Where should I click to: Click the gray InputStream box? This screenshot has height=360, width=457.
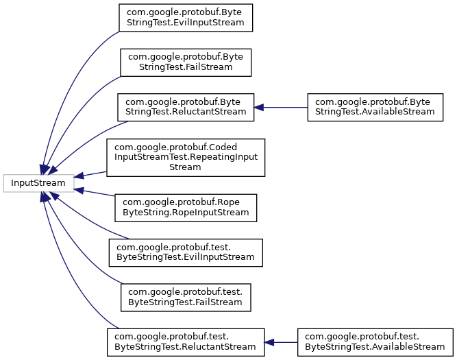38,183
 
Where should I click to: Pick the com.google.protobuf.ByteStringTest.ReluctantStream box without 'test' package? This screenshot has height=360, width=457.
186,108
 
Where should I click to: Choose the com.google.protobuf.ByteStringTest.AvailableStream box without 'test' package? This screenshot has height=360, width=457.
373,108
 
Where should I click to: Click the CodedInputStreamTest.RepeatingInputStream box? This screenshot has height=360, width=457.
185,156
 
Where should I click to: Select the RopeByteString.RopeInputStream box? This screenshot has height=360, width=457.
186,207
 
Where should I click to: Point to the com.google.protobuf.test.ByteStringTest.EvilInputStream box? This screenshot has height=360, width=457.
186,252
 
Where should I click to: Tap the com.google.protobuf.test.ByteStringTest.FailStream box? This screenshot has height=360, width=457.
186,296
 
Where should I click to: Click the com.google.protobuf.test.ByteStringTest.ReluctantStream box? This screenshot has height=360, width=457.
185,341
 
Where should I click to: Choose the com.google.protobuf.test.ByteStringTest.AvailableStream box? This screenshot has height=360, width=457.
375,341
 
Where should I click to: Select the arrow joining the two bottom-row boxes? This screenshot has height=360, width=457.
281,341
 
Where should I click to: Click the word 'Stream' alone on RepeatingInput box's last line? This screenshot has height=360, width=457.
185,167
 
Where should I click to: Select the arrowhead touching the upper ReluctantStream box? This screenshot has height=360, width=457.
259,108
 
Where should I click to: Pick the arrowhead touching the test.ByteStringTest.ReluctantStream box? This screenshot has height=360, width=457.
269,341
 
